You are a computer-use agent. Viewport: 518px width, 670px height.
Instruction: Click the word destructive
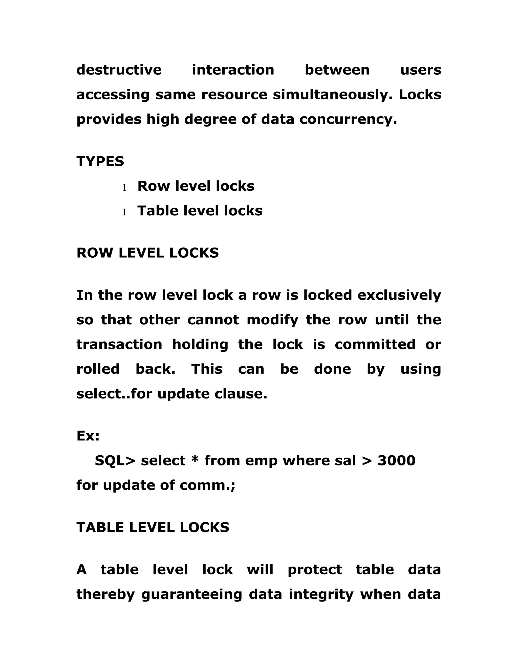[119, 70]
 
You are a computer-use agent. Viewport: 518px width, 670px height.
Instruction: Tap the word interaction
[233, 70]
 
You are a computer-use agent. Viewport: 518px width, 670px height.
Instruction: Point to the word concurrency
[348, 119]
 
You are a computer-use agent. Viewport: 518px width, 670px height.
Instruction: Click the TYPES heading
[100, 161]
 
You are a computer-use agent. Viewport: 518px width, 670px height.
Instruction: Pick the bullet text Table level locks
[200, 211]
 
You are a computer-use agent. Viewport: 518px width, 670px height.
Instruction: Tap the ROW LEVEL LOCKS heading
[148, 253]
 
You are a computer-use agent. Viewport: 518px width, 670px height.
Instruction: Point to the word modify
[272, 320]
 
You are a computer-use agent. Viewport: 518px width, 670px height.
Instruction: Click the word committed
[375, 345]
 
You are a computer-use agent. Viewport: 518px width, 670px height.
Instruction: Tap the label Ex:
[88, 436]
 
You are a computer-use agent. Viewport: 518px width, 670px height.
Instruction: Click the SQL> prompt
[115, 461]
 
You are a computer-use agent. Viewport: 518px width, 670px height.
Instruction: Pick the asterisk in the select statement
[195, 460]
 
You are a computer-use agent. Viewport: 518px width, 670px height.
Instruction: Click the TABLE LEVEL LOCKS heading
[153, 528]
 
